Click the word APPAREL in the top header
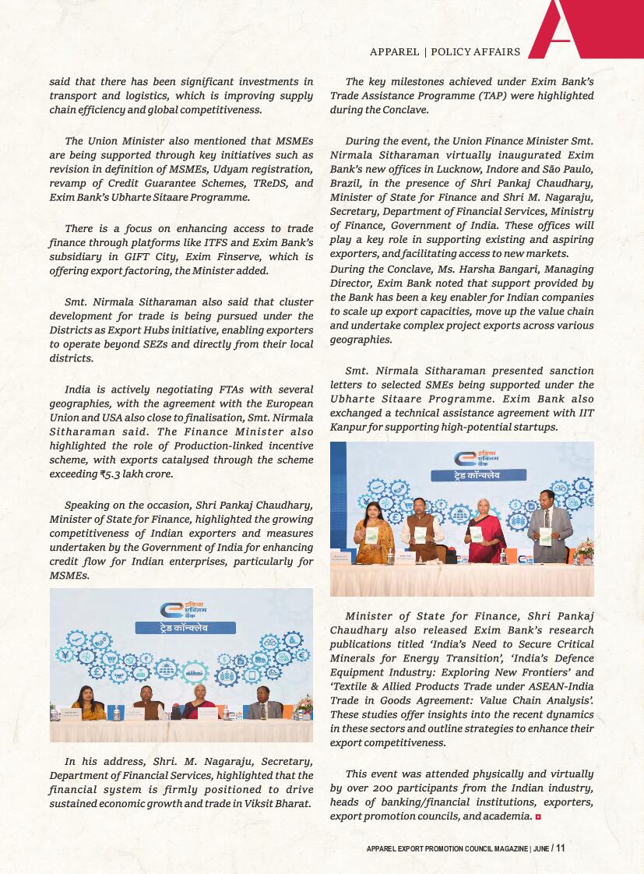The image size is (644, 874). point(394,52)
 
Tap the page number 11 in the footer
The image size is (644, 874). point(560,848)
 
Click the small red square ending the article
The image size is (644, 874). point(537,816)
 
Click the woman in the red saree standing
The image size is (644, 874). point(486,531)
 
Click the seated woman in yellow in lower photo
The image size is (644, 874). point(89,705)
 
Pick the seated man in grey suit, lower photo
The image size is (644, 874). point(265,705)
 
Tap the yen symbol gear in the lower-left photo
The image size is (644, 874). point(65,655)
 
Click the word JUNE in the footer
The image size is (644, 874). point(541,849)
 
